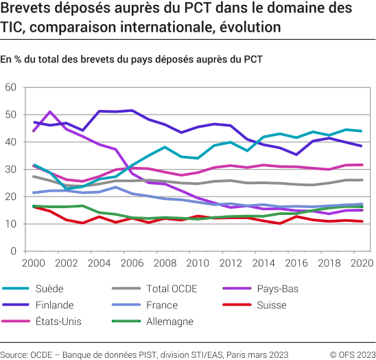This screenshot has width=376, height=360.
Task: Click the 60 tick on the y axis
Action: (10, 87)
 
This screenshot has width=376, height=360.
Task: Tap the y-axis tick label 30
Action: (10, 169)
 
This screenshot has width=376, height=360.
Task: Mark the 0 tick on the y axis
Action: (12, 251)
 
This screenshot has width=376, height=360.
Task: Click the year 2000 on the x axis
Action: (34, 263)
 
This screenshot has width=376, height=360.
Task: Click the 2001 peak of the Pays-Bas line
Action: (50, 111)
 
